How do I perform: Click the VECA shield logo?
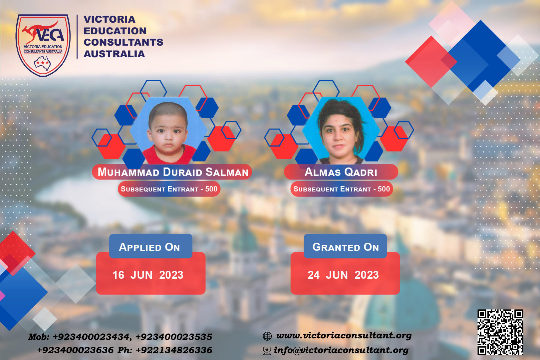(x=43, y=45)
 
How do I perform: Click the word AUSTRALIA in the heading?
(x=114, y=54)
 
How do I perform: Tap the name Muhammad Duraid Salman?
(x=173, y=172)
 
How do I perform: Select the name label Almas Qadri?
(x=341, y=172)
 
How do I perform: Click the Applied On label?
(x=149, y=247)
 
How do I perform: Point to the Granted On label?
(x=346, y=247)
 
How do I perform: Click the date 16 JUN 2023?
(x=148, y=275)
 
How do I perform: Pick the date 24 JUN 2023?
(x=343, y=275)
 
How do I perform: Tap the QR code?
(x=500, y=332)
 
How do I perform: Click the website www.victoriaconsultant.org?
(x=344, y=335)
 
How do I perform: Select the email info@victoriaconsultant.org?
(x=341, y=350)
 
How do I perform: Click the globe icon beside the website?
(x=267, y=336)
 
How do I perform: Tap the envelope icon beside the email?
(x=267, y=351)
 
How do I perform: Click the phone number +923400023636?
(x=75, y=350)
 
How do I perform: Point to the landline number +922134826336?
(x=174, y=350)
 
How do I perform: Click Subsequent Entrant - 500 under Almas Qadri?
(x=342, y=189)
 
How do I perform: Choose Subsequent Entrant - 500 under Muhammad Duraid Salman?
(x=169, y=189)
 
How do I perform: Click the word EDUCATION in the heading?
(x=115, y=31)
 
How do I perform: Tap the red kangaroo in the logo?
(x=40, y=31)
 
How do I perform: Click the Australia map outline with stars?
(x=42, y=63)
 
